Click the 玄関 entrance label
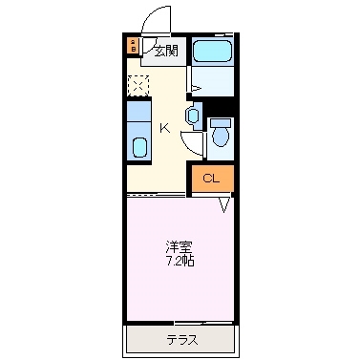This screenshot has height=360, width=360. click(166, 50)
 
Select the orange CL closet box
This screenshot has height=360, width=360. click(211, 179)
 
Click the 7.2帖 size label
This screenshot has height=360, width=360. click(179, 260)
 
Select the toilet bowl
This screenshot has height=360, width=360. click(221, 138)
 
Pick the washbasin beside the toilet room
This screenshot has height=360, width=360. click(194, 116)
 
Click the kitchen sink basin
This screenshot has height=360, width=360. click(139, 148)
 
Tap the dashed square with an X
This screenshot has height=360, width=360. click(138, 85)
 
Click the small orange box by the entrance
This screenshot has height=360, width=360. click(133, 45)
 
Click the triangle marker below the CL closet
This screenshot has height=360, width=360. click(226, 202)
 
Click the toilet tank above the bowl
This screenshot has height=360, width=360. click(221, 122)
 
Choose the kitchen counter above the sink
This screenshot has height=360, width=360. click(139, 118)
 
